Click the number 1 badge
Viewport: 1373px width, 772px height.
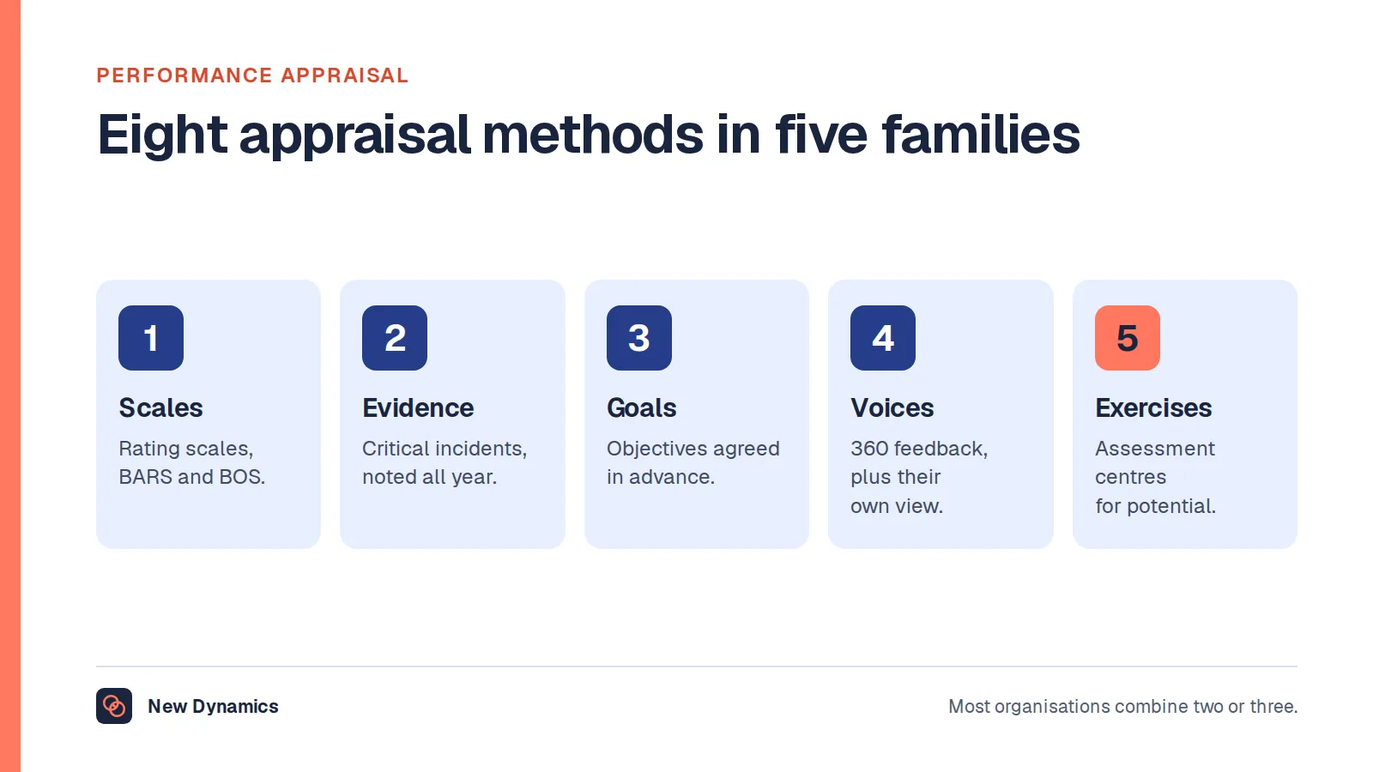pyautogui.click(x=151, y=338)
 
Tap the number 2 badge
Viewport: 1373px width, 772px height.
pyautogui.click(x=395, y=338)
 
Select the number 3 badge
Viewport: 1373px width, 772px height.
pyautogui.click(x=639, y=338)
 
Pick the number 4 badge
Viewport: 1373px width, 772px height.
pyautogui.click(x=883, y=338)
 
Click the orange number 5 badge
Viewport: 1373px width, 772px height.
pyautogui.click(x=1128, y=338)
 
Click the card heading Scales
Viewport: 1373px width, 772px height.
pyautogui.click(x=160, y=408)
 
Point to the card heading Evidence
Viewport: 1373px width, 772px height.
pyautogui.click(x=418, y=408)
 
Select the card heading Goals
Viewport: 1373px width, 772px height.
pyautogui.click(x=642, y=408)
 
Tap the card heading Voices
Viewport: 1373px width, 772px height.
pyautogui.click(x=892, y=408)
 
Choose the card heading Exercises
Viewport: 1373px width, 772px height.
pyautogui.click(x=1153, y=408)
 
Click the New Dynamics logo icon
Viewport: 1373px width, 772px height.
pyautogui.click(x=114, y=706)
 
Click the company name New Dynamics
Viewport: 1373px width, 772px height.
pyautogui.click(x=214, y=707)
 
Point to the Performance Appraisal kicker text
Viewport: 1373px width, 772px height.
pyautogui.click(x=252, y=75)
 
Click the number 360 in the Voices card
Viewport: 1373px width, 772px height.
pyautogui.click(x=869, y=449)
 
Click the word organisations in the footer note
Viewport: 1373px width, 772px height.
pyautogui.click(x=1052, y=707)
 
